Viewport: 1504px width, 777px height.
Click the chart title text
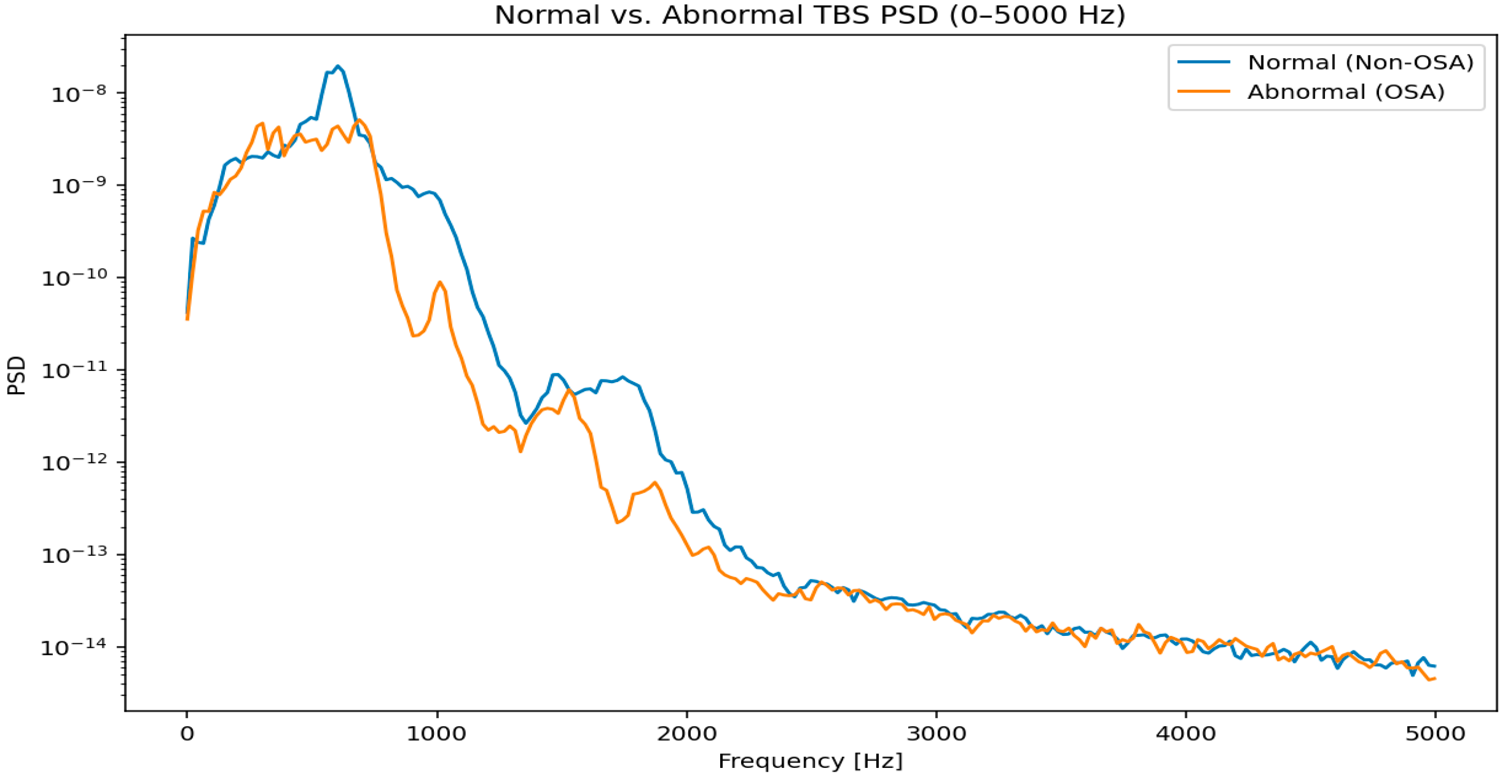(810, 15)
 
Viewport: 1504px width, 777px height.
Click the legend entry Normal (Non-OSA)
(1360, 63)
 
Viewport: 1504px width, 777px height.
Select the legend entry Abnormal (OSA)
(1346, 92)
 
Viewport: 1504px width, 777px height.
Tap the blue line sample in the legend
(1204, 63)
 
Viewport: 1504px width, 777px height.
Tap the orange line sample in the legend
(1204, 92)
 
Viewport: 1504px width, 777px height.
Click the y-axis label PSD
(18, 375)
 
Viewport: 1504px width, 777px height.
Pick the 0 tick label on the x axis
(187, 734)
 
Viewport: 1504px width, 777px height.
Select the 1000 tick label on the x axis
(436, 734)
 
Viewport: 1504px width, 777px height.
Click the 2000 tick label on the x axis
(686, 734)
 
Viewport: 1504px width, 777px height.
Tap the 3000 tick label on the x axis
(936, 734)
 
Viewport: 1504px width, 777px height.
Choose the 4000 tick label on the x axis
(1186, 734)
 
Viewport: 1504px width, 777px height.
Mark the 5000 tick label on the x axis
(1435, 734)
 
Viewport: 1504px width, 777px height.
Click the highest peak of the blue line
(338, 66)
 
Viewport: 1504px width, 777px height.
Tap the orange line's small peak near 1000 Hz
(440, 282)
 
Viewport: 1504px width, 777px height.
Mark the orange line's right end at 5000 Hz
(1435, 678)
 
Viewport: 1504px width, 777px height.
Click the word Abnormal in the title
(732, 15)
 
